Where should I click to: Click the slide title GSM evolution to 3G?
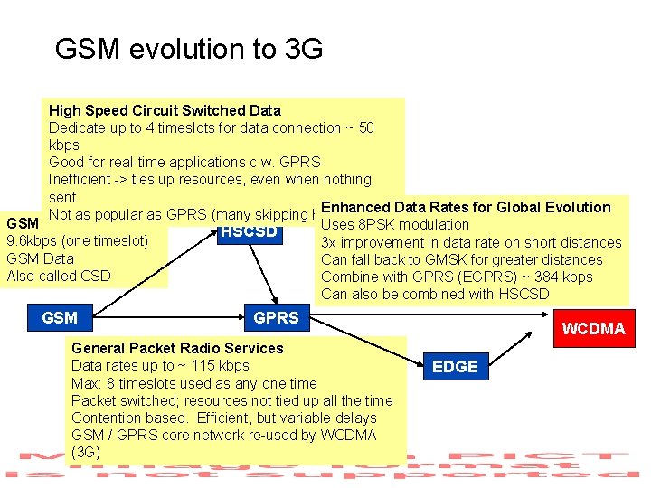[x=188, y=49]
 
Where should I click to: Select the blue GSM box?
[x=60, y=318]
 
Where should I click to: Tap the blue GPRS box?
[x=276, y=318]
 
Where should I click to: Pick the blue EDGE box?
[x=455, y=366]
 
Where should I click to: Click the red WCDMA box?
[x=593, y=328]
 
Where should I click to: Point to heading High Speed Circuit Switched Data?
[x=165, y=111]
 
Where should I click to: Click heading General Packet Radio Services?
[x=177, y=348]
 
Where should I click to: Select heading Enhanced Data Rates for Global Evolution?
[x=466, y=207]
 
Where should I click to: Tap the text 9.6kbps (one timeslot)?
[x=76, y=241]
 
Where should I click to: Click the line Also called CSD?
[x=58, y=276]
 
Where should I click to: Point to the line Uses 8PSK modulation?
[x=395, y=224]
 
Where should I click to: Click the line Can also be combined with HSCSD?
[x=434, y=294]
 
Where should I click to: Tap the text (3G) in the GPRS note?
[x=85, y=452]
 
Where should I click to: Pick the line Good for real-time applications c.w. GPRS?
[x=184, y=163]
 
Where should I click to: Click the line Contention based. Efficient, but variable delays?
[x=223, y=418]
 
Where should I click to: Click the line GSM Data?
[x=40, y=258]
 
